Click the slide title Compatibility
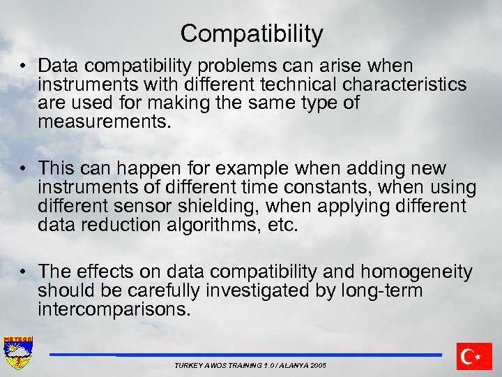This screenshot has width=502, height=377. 251,34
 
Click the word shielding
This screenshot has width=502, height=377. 222,207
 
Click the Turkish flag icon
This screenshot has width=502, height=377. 473,356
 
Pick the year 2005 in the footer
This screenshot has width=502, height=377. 314,366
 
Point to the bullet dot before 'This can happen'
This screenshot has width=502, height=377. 24,169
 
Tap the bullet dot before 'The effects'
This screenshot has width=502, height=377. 24,272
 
